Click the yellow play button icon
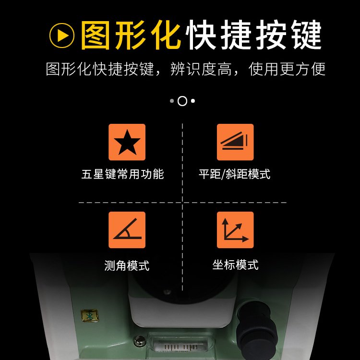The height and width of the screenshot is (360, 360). point(62,36)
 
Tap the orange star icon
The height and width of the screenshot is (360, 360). point(127,142)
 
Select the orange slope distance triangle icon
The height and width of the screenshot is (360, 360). point(235,142)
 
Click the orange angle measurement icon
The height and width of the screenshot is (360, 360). point(127,230)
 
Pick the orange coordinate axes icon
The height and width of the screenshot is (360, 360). point(235,230)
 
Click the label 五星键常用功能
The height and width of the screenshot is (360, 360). point(123,174)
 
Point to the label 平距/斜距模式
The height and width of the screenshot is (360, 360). point(235,174)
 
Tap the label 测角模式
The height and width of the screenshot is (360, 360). point(127,265)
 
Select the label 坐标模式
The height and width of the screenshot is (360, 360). point(235,264)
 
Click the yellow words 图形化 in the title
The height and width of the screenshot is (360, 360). point(131,35)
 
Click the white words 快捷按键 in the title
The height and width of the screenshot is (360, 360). point(254,35)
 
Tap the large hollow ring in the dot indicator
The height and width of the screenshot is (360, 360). point(182,101)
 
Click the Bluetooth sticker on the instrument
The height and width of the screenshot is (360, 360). point(90,316)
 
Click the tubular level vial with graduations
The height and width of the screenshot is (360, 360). point(177,344)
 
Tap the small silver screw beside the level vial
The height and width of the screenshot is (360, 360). point(139,341)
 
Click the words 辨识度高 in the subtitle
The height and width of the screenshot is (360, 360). point(201,69)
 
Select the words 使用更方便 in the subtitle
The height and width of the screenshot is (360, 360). point(287,69)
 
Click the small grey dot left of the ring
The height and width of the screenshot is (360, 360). point(172,101)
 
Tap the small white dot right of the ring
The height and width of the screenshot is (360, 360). point(193,101)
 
